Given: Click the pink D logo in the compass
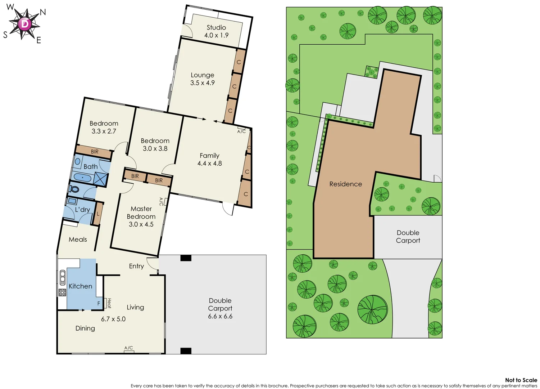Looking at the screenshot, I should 24,24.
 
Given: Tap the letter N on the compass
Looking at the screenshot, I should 43,12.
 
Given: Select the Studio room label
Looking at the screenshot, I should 216,27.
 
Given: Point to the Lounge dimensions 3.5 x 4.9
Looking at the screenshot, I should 202,83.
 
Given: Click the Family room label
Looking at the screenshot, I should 209,156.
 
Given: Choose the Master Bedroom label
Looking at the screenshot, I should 141,213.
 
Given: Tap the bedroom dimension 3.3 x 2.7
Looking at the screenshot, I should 104,131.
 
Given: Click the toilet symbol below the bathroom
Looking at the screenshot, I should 75,189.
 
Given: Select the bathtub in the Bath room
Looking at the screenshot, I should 83,178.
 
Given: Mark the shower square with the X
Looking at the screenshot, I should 101,179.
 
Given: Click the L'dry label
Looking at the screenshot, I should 82,210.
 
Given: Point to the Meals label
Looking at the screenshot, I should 78,240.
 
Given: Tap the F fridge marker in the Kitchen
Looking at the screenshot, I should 99,304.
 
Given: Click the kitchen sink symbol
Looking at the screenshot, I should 62,278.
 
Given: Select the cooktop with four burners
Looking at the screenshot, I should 62,292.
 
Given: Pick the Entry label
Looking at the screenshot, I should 136,266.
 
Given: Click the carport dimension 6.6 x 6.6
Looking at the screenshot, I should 220,316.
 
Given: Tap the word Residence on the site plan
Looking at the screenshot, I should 345,184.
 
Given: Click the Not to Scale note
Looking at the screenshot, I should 521,380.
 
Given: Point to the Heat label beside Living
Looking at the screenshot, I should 109,303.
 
